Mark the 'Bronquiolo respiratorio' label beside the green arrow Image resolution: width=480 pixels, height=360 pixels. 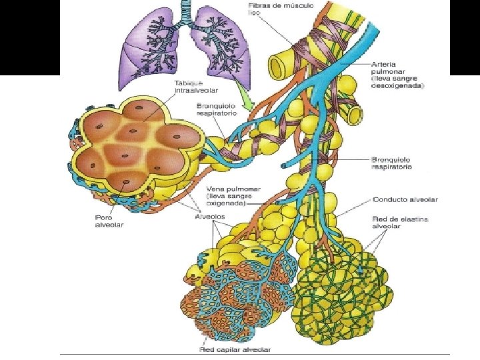214,109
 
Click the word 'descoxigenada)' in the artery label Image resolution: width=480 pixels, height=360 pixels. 398,85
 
